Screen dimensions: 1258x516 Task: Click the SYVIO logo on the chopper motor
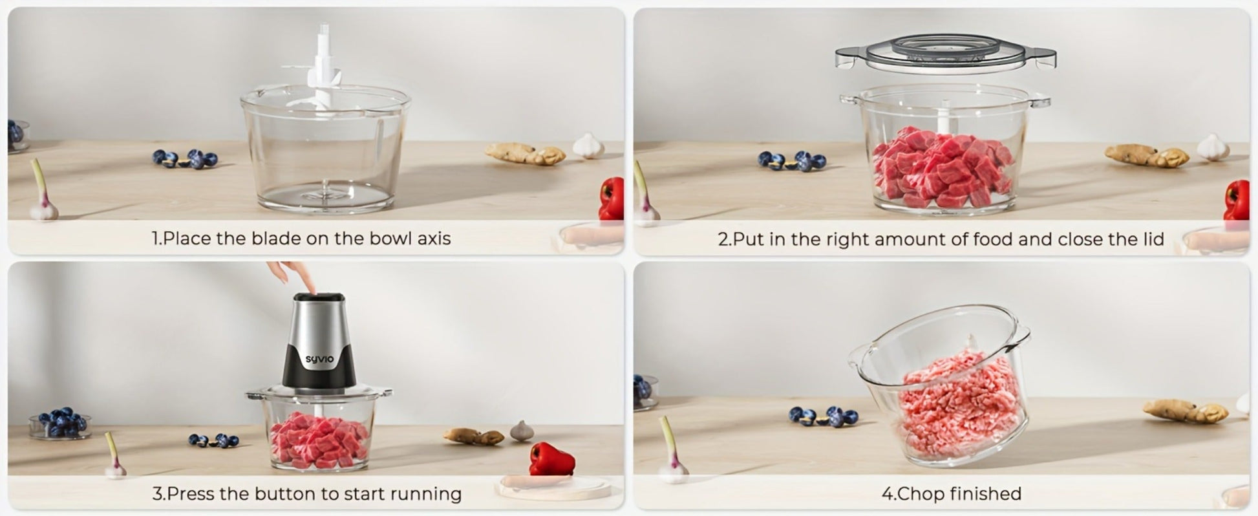tap(319, 359)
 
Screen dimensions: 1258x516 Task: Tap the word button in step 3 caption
tap(286, 494)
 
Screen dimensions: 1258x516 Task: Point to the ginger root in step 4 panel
tap(1186, 411)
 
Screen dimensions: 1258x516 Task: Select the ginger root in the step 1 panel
tap(525, 154)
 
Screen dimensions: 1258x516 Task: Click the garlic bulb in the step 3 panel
tap(522, 431)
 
